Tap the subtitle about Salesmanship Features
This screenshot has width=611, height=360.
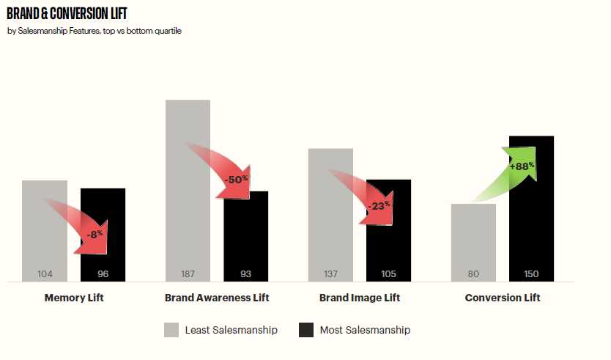(94, 31)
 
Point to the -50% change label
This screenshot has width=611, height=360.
(237, 179)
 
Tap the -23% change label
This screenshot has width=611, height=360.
(379, 206)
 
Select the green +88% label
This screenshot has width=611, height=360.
(522, 166)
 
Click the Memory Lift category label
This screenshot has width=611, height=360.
(74, 298)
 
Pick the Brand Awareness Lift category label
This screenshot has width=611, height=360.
(217, 298)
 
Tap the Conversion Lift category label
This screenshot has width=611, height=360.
(503, 298)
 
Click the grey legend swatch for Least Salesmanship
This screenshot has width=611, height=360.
(171, 330)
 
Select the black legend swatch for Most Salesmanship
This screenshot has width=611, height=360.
(306, 330)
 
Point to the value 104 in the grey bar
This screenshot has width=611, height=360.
(45, 274)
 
